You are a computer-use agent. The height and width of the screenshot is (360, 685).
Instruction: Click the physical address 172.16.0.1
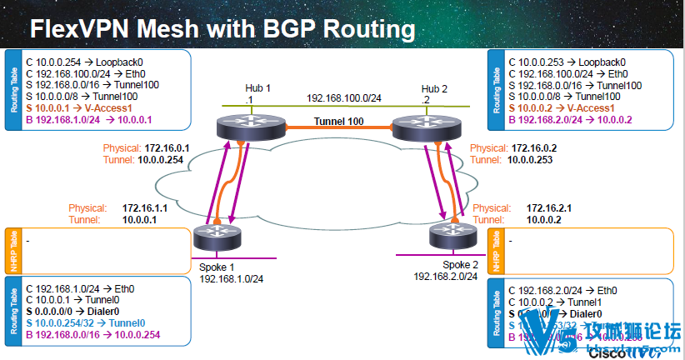(167, 147)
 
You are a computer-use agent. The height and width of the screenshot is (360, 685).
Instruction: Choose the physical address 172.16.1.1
(145, 207)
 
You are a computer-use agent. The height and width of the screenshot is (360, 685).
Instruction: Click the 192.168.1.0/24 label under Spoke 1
(232, 278)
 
